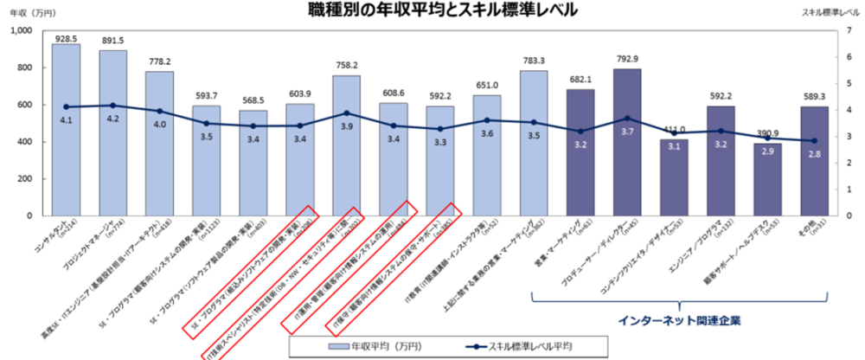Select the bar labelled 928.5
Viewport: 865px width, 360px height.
click(x=66, y=130)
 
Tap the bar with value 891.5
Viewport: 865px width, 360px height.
click(x=112, y=134)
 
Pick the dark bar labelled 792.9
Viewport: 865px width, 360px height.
click(x=627, y=143)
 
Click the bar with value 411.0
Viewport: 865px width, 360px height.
click(x=675, y=177)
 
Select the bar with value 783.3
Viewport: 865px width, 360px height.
click(x=534, y=143)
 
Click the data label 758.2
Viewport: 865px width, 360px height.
click(x=346, y=64)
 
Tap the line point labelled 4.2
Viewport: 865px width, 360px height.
click(x=112, y=106)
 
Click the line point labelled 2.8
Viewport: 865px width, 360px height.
click(x=814, y=141)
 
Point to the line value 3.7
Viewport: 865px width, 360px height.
click(x=627, y=118)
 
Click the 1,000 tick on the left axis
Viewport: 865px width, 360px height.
click(x=20, y=31)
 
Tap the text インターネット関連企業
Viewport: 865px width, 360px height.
click(x=667, y=320)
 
